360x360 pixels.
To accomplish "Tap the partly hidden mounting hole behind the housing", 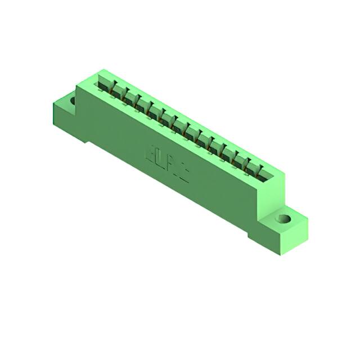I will [x=72, y=102].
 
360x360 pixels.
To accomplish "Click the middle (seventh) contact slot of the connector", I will [x=181, y=127].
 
